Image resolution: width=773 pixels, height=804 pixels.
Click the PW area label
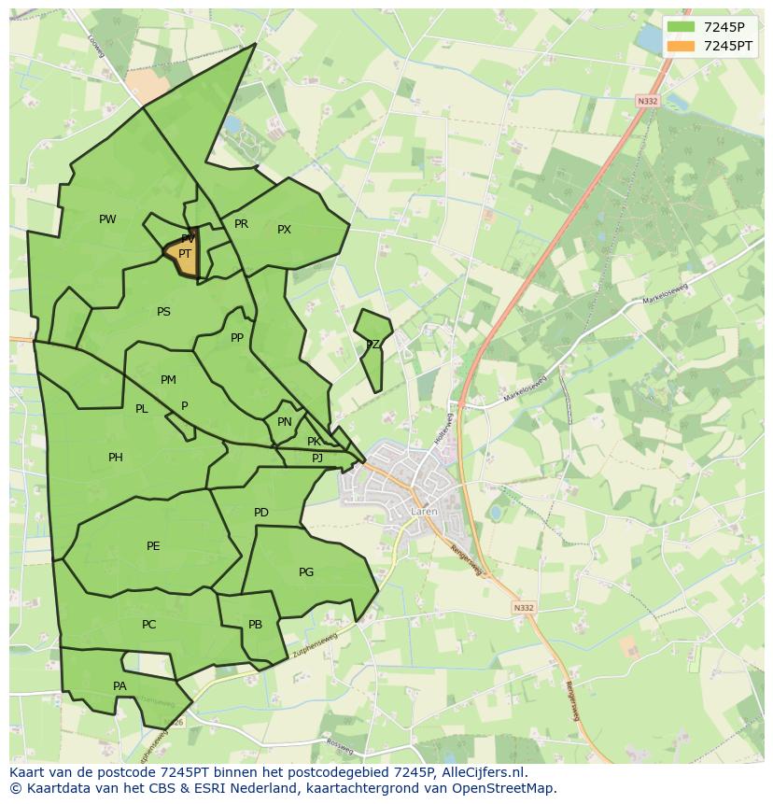107,219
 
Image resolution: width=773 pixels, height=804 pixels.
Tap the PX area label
284,230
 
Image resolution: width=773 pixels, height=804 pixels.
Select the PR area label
241,224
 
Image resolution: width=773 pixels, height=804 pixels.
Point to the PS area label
163,312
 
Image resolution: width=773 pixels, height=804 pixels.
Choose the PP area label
237,338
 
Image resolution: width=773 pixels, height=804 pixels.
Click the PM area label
168,380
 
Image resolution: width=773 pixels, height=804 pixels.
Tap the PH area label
115,458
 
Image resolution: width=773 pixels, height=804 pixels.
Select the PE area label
153,546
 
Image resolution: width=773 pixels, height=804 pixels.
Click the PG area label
306,572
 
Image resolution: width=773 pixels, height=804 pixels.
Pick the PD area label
261,513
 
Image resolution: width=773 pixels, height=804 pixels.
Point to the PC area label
148,625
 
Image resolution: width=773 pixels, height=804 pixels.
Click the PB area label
255,626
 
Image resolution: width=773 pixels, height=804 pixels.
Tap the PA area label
119,686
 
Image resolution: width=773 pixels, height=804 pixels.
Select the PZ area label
372,345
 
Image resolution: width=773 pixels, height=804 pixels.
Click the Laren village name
423,512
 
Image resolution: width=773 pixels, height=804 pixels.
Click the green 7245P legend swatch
682,27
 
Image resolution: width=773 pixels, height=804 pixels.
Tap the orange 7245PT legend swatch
682,46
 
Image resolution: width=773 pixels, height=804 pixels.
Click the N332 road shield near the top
647,100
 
